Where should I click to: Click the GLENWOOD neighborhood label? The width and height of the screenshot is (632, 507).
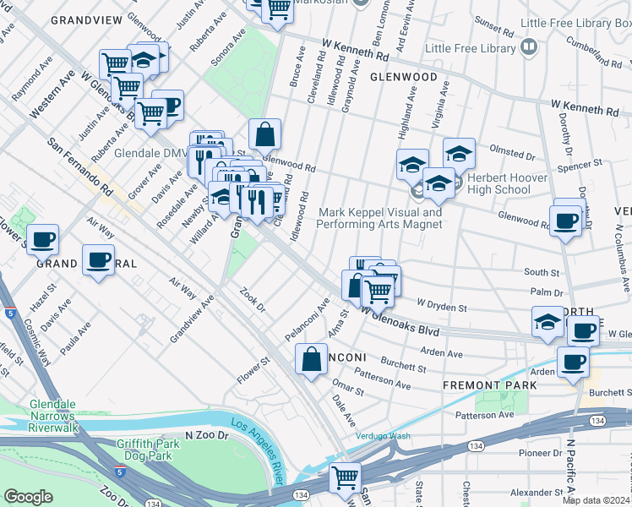coord(403,77)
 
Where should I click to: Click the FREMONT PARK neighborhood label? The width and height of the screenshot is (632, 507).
coord(489,385)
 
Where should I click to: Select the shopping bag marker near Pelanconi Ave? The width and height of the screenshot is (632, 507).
coord(311,359)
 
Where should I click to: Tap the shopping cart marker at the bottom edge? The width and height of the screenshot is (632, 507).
coord(345,478)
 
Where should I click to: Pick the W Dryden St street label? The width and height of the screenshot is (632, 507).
coord(442,304)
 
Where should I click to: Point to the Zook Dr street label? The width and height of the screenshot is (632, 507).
coord(253,298)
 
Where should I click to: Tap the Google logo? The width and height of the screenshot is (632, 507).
coord(28,497)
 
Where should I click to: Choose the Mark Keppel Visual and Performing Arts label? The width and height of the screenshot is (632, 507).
coord(379,219)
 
